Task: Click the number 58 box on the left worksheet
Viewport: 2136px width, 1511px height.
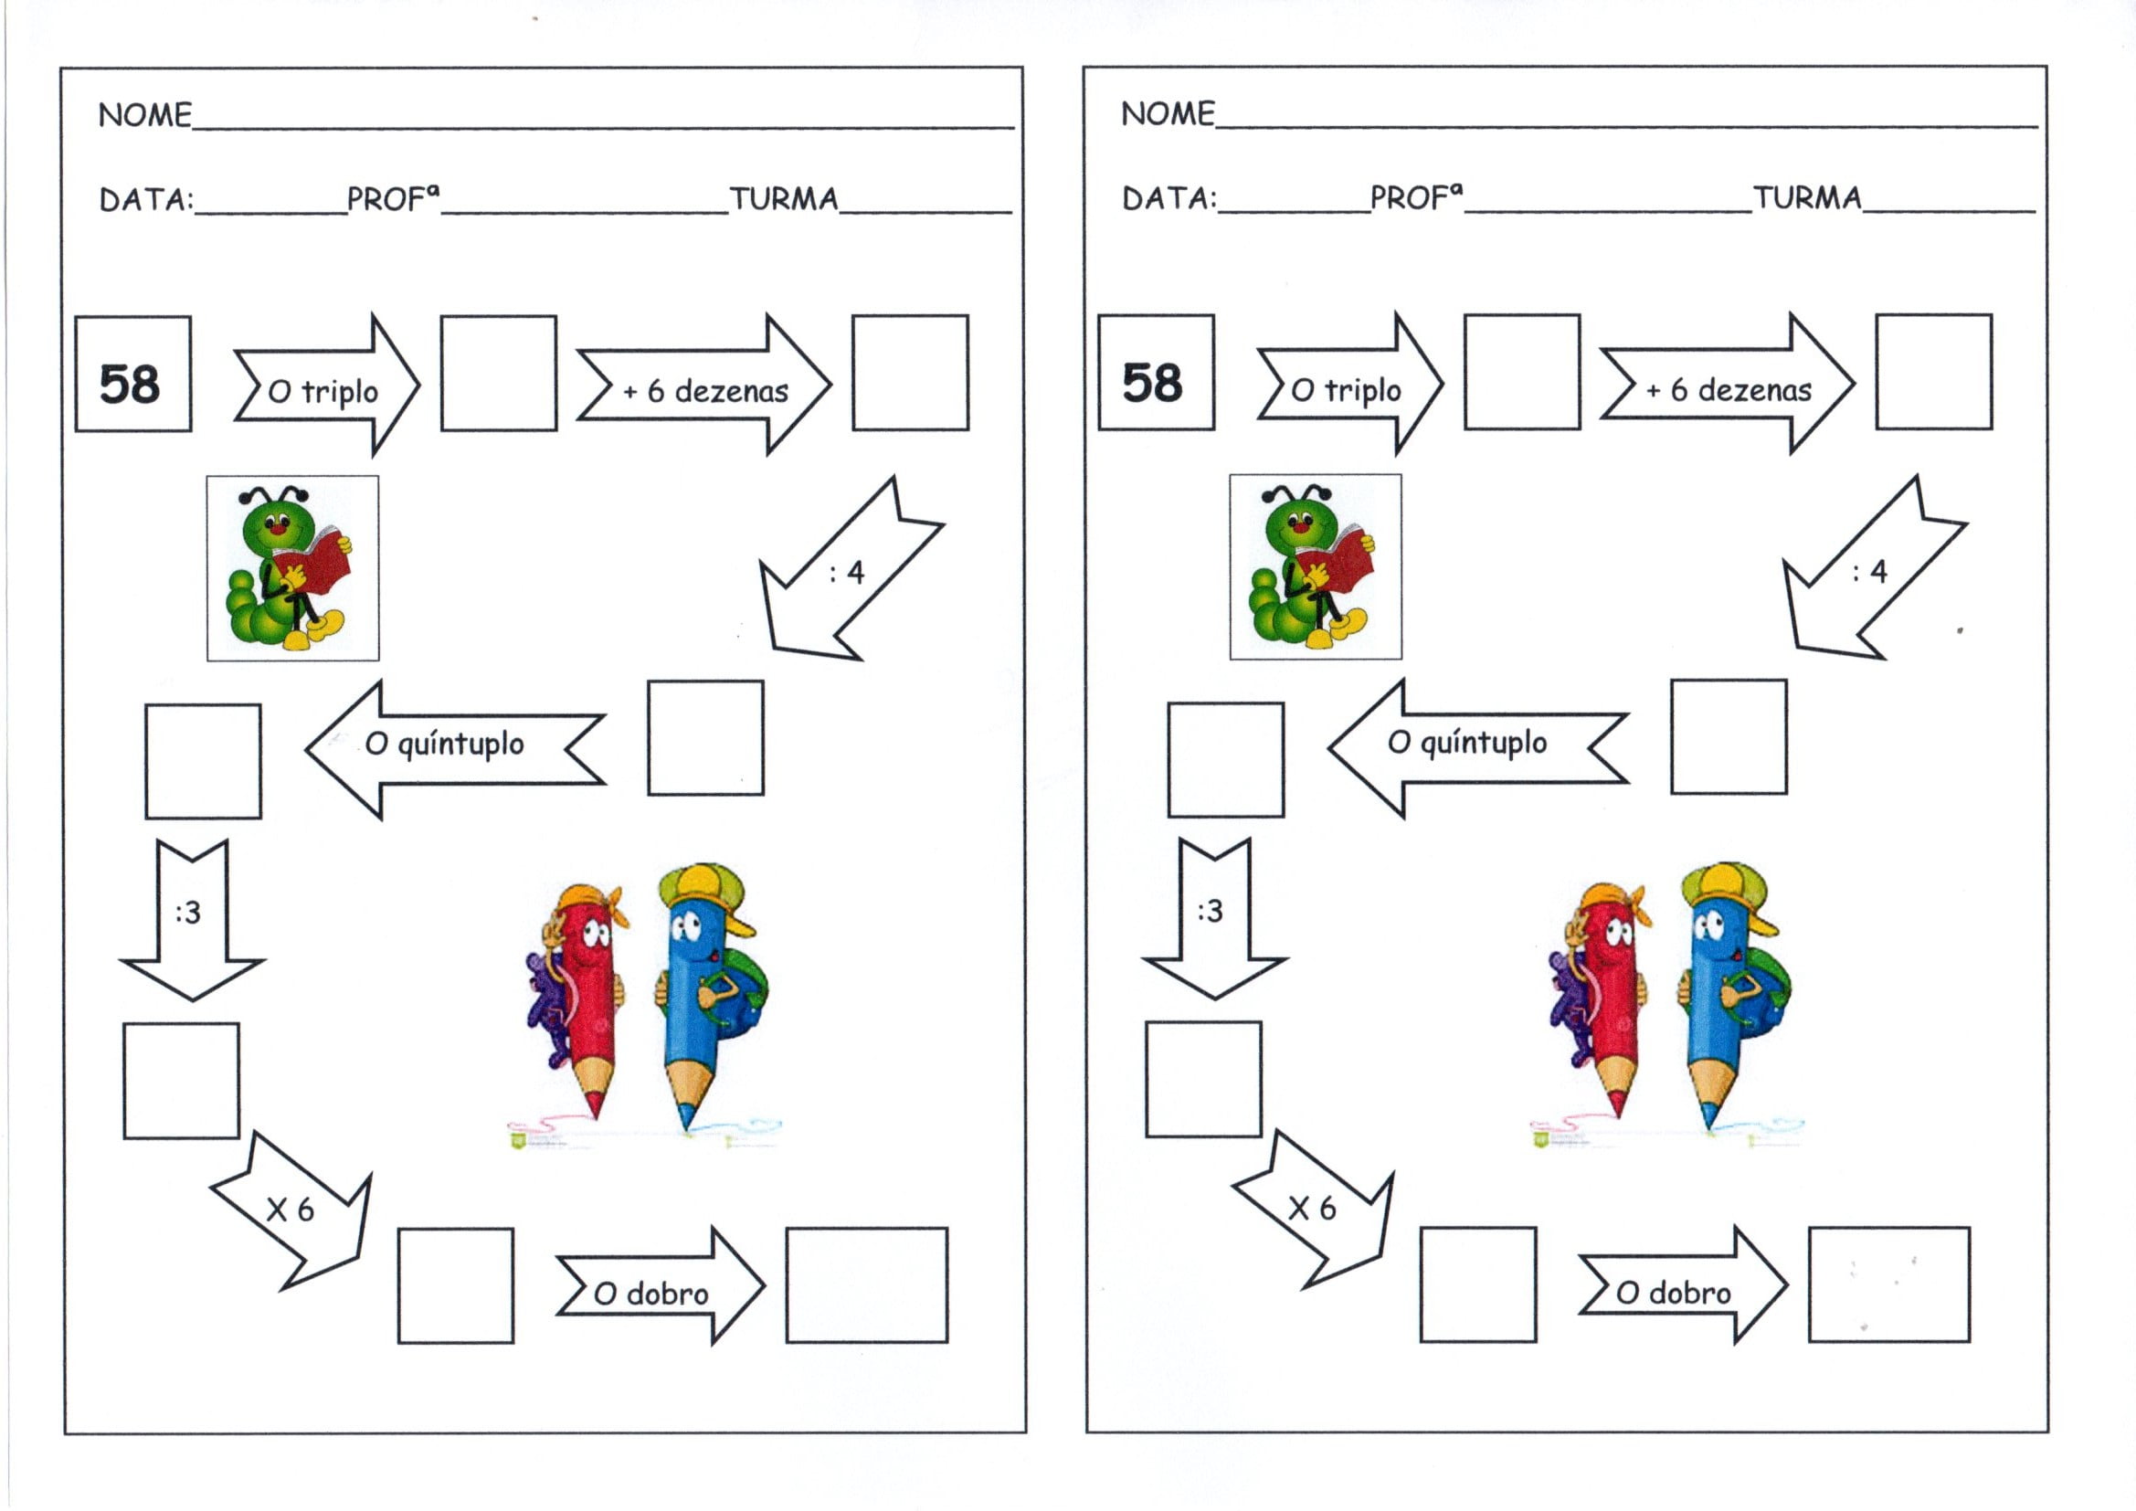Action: (133, 374)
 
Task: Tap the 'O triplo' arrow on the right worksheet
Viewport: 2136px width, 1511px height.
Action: (1349, 386)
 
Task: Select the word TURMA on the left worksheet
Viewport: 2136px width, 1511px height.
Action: (783, 199)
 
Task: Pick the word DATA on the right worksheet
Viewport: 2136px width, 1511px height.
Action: (1168, 198)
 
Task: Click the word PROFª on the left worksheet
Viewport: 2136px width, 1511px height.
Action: (391, 199)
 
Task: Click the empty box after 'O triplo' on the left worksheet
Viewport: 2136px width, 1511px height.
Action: (499, 373)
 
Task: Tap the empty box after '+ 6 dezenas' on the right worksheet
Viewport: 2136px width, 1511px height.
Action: (1933, 371)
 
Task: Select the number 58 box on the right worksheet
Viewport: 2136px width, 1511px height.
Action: (1157, 372)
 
